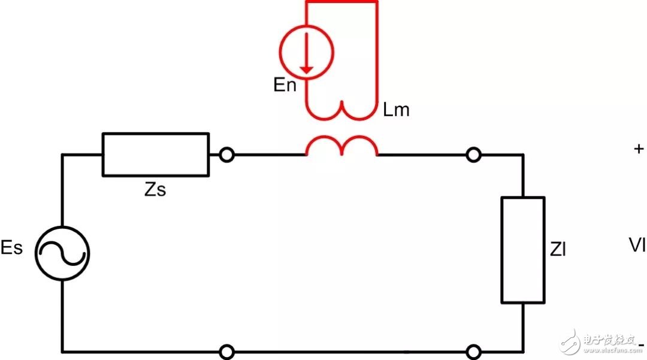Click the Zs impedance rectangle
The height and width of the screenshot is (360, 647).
pyautogui.click(x=156, y=155)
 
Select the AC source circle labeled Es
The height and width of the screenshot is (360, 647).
pyautogui.click(x=62, y=252)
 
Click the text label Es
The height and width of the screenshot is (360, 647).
pyautogui.click(x=11, y=248)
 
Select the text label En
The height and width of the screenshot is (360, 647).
pyautogui.click(x=285, y=85)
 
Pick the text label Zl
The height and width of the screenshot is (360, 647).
pyautogui.click(x=558, y=249)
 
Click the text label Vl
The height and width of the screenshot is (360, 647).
pyautogui.click(x=637, y=245)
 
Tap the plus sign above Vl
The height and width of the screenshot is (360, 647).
pyautogui.click(x=638, y=149)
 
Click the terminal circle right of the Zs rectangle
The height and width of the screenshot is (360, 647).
pyautogui.click(x=226, y=155)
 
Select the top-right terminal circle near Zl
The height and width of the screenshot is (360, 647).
pyautogui.click(x=473, y=156)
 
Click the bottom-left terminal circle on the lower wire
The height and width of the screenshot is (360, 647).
pyautogui.click(x=227, y=351)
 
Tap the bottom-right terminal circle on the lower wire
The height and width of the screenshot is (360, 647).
pyautogui.click(x=473, y=351)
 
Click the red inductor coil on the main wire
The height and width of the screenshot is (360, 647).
pyautogui.click(x=342, y=147)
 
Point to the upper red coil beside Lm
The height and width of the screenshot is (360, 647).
pyautogui.click(x=342, y=110)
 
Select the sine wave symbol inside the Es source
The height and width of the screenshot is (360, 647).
pyautogui.click(x=62, y=252)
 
